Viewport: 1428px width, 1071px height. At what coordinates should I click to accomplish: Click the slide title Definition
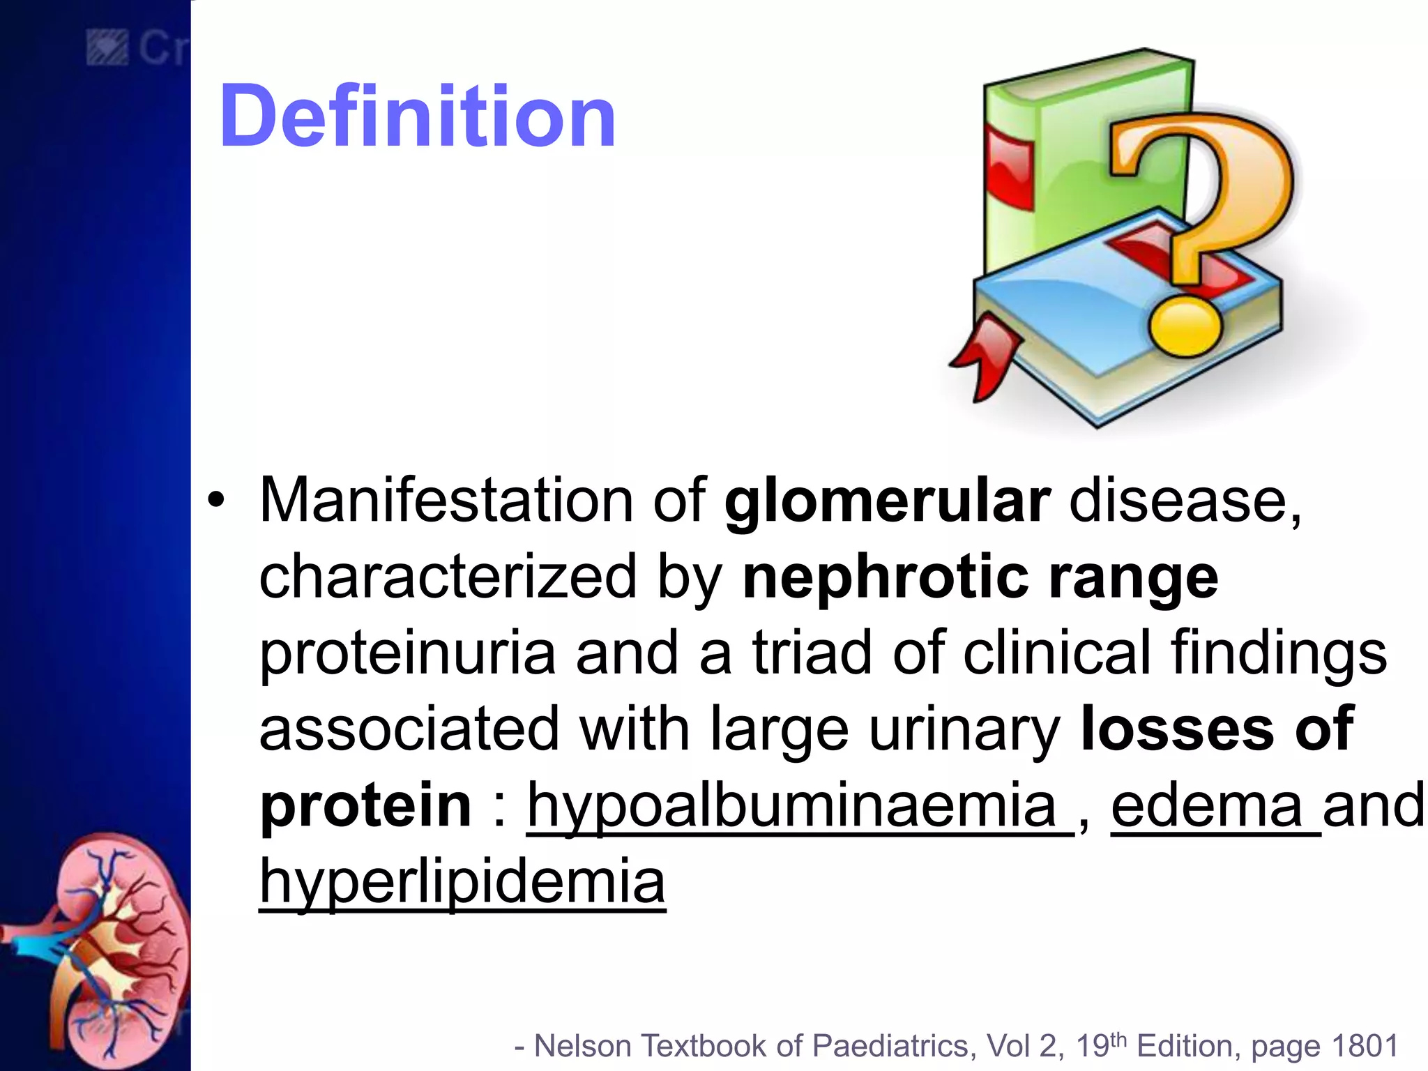417,116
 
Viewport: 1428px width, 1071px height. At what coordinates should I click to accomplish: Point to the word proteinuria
407,654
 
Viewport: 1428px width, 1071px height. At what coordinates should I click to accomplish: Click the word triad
812,653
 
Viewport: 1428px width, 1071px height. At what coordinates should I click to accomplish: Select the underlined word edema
1206,806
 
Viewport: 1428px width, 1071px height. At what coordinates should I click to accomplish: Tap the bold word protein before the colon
365,806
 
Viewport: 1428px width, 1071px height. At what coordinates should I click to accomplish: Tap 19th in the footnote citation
1100,1045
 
